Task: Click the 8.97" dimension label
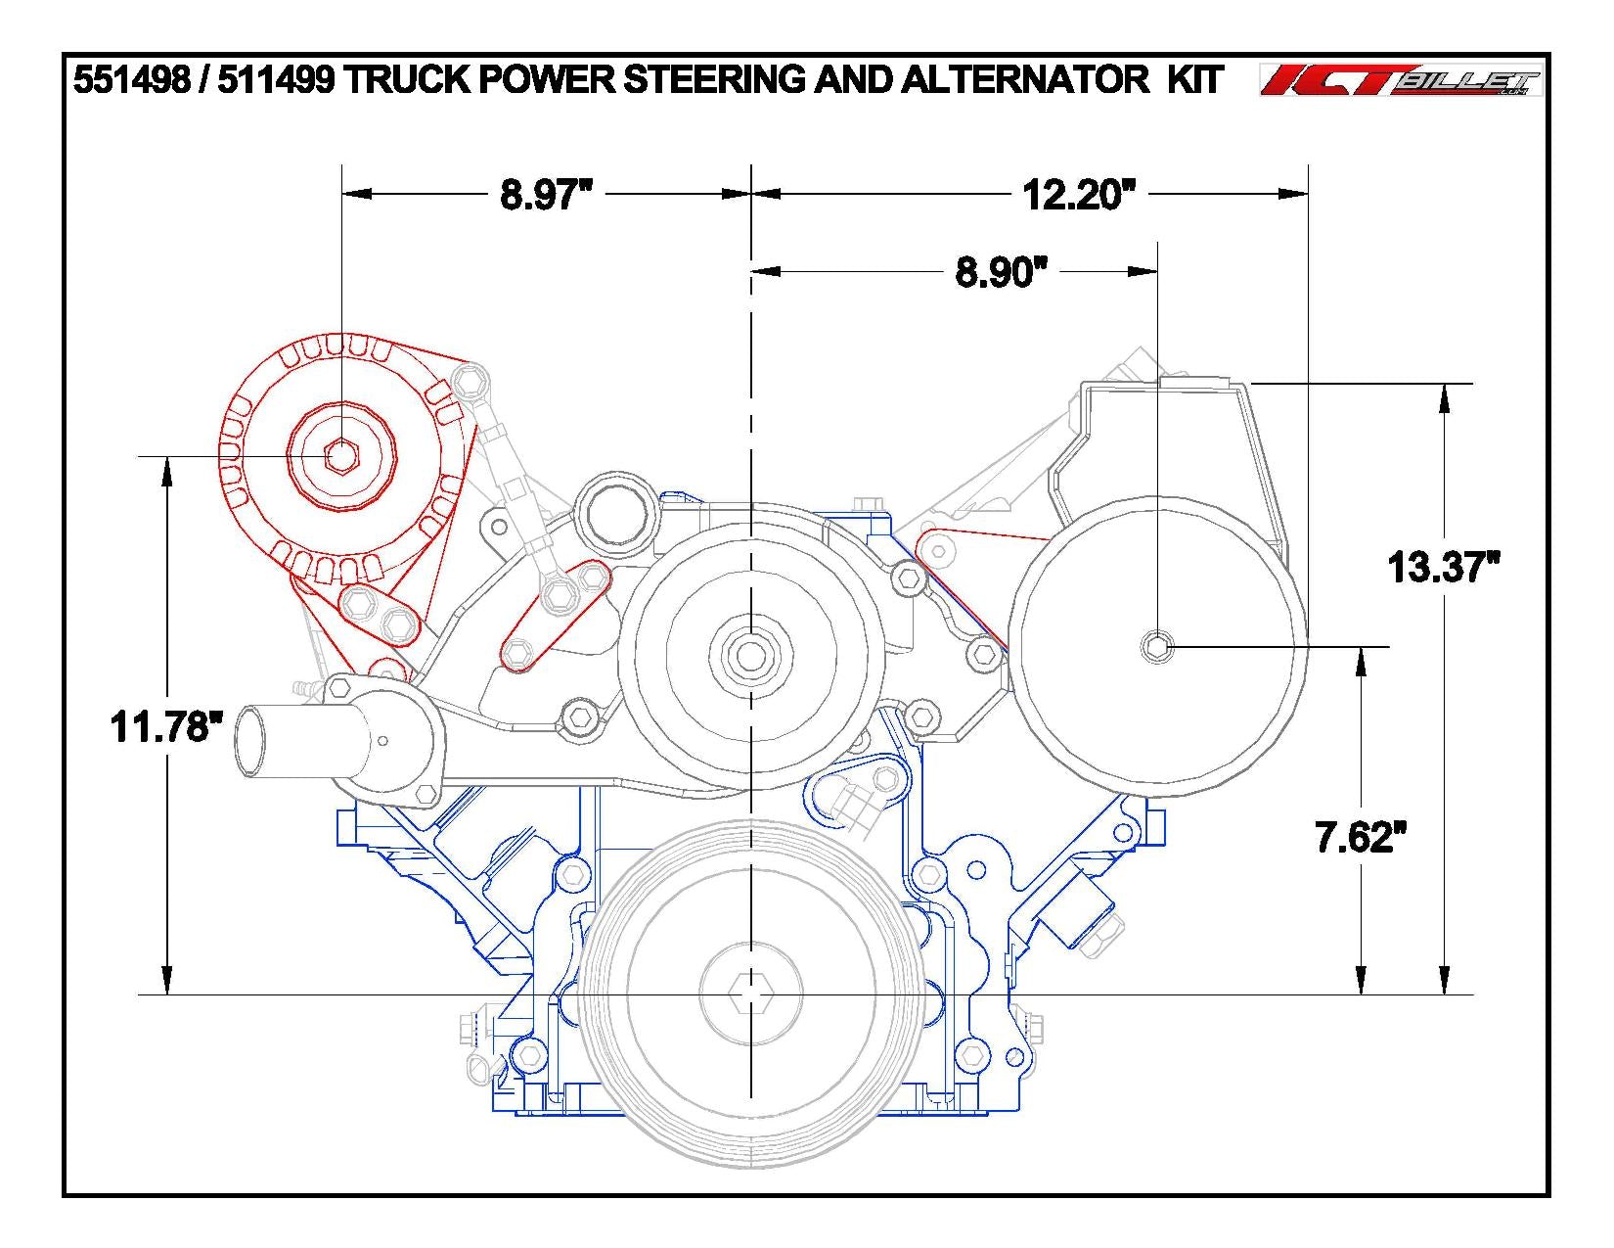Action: (547, 195)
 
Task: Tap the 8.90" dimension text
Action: (995, 272)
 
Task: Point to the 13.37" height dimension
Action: (1444, 567)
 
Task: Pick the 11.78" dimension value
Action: (161, 727)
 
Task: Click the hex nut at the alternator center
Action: (341, 456)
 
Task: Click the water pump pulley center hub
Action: (749, 655)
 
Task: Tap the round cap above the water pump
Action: (612, 511)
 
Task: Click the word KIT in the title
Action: (1194, 80)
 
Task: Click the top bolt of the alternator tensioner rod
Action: (471, 377)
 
